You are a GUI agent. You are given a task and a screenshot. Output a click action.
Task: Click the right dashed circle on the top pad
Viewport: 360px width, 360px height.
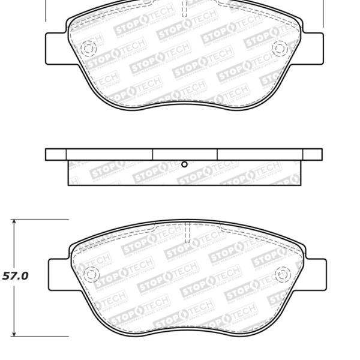tap(280, 47)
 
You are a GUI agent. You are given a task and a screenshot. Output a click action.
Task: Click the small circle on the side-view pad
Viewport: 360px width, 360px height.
tap(184, 164)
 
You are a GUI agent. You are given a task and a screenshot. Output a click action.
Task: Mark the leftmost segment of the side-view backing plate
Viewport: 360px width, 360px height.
tap(56, 154)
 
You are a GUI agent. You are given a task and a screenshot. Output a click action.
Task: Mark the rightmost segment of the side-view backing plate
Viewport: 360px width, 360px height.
tap(313, 154)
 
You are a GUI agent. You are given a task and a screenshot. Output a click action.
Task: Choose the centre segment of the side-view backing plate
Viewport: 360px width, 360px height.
tap(184, 154)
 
